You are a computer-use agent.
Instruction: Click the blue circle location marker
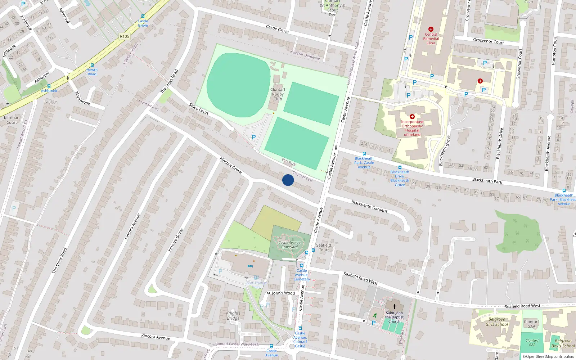tap(288, 180)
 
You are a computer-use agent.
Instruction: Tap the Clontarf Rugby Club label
tap(278, 94)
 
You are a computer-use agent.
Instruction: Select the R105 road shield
tap(125, 36)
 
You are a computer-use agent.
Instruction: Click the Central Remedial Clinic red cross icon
tap(431, 29)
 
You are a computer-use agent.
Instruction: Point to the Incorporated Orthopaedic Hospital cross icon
tap(412, 117)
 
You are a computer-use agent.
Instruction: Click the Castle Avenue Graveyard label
tap(289, 245)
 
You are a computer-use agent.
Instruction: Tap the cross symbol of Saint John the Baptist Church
tap(395, 307)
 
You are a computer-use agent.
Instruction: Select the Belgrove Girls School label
tap(496, 322)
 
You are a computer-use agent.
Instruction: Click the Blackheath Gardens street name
tap(369, 207)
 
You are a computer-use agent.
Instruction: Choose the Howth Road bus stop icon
tap(92, 65)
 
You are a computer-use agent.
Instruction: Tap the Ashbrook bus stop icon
tap(49, 86)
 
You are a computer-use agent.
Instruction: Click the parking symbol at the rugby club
tap(254, 137)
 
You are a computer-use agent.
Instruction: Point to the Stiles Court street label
tap(199, 109)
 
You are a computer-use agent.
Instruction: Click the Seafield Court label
tap(323, 248)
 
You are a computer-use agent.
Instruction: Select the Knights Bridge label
tap(233, 316)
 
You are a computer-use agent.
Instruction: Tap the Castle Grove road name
tap(277, 29)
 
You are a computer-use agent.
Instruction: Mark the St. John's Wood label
tap(281, 293)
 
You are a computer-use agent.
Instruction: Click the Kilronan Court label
tap(12, 120)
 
